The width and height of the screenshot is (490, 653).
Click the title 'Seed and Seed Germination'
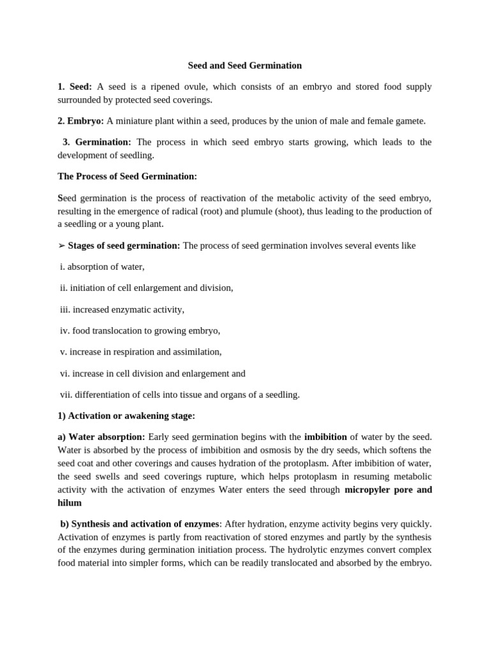point(244,66)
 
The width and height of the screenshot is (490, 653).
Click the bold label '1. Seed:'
point(75,87)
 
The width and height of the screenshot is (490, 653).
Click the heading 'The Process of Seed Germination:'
point(127,176)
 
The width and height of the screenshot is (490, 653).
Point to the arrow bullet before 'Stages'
point(61,246)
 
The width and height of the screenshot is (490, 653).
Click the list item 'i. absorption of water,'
point(102,267)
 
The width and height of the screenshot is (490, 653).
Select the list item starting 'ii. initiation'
point(147,288)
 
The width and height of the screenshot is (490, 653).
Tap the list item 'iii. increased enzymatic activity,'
point(122,309)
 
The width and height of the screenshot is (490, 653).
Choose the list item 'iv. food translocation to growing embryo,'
point(140,330)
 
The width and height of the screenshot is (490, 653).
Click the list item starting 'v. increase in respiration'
point(141,351)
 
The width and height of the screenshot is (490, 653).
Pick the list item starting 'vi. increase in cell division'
point(152,373)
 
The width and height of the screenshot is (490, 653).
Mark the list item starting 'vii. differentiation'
point(180,394)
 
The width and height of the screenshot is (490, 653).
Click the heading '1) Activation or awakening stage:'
point(126,416)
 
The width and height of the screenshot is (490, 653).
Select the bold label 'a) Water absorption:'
point(101,437)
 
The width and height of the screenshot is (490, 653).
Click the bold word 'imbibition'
point(325,437)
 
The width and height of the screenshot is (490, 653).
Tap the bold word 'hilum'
point(70,503)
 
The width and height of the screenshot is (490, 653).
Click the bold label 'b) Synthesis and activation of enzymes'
point(140,524)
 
